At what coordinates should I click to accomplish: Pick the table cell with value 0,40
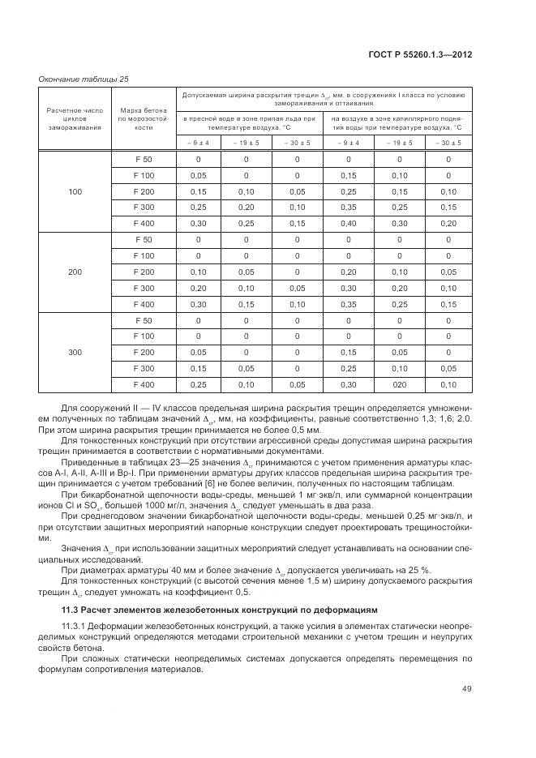click(349, 223)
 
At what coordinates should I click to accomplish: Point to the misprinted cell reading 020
click(399, 384)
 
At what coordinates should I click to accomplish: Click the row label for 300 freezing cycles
click(75, 353)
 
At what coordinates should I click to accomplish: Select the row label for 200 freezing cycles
click(75, 272)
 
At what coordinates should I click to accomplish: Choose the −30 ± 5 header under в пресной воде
click(297, 143)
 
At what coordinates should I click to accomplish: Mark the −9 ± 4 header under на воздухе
click(349, 143)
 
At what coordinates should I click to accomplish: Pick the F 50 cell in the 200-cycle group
click(144, 240)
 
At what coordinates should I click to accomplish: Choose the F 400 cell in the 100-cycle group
click(144, 223)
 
